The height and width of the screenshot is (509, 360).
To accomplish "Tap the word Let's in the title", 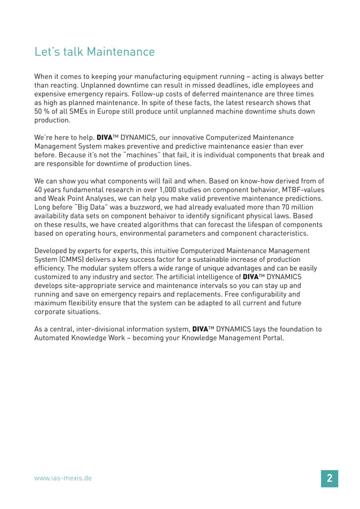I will pos(47,52).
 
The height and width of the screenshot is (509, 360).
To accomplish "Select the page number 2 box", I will pos(329,478).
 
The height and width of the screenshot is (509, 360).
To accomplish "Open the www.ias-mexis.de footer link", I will pos(63,478).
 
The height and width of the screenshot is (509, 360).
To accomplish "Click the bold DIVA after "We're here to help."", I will pos(105,138).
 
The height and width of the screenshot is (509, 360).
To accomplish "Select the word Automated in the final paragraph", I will pos(54,338).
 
